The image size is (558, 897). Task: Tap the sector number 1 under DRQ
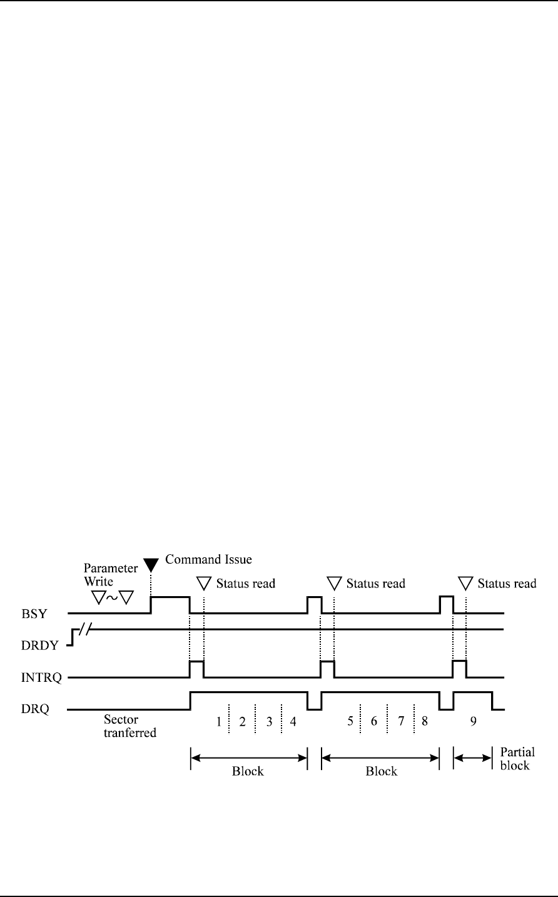click(x=219, y=721)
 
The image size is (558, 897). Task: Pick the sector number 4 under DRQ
click(x=293, y=721)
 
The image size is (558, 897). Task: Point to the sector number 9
click(x=474, y=721)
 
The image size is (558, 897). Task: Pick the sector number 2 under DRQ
click(x=243, y=721)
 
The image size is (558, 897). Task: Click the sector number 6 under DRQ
click(x=374, y=721)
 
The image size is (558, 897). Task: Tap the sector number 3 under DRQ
click(x=269, y=721)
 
